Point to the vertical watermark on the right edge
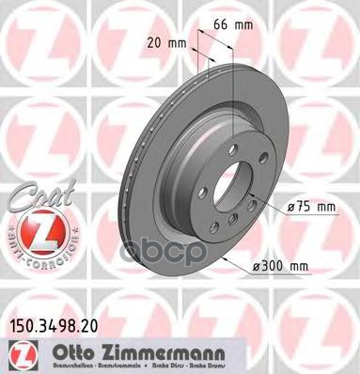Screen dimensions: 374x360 (x=354, y=187)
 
